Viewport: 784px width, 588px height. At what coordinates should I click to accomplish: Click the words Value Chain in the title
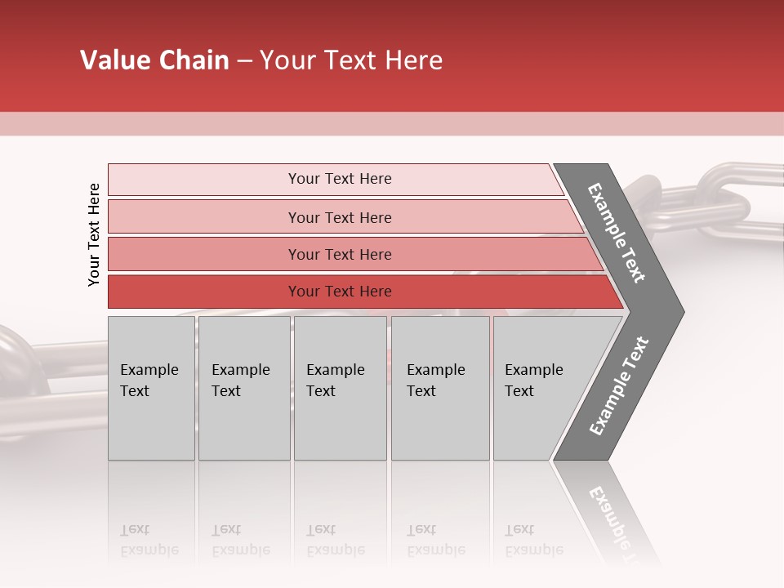[x=154, y=60]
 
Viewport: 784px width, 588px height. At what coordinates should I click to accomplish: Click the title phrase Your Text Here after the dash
[x=351, y=60]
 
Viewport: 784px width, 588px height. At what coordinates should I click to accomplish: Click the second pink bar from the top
[x=340, y=217]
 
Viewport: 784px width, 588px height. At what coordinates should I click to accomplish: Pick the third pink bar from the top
[x=340, y=254]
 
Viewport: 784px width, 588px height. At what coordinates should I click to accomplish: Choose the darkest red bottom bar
[x=340, y=292]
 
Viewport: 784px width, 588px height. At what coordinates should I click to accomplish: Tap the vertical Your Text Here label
[x=94, y=234]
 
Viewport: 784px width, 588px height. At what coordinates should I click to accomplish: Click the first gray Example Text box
[x=151, y=388]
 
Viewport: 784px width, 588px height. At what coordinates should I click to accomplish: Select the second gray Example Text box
[x=243, y=388]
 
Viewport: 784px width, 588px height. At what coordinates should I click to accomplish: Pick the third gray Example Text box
[x=340, y=388]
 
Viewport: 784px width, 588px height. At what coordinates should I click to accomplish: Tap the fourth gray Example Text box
[x=439, y=388]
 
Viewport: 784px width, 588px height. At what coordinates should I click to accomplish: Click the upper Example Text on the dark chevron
[x=617, y=233]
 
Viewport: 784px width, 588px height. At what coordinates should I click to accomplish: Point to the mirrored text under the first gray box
[x=135, y=540]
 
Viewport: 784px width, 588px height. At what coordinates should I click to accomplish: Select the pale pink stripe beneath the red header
[x=392, y=123]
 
